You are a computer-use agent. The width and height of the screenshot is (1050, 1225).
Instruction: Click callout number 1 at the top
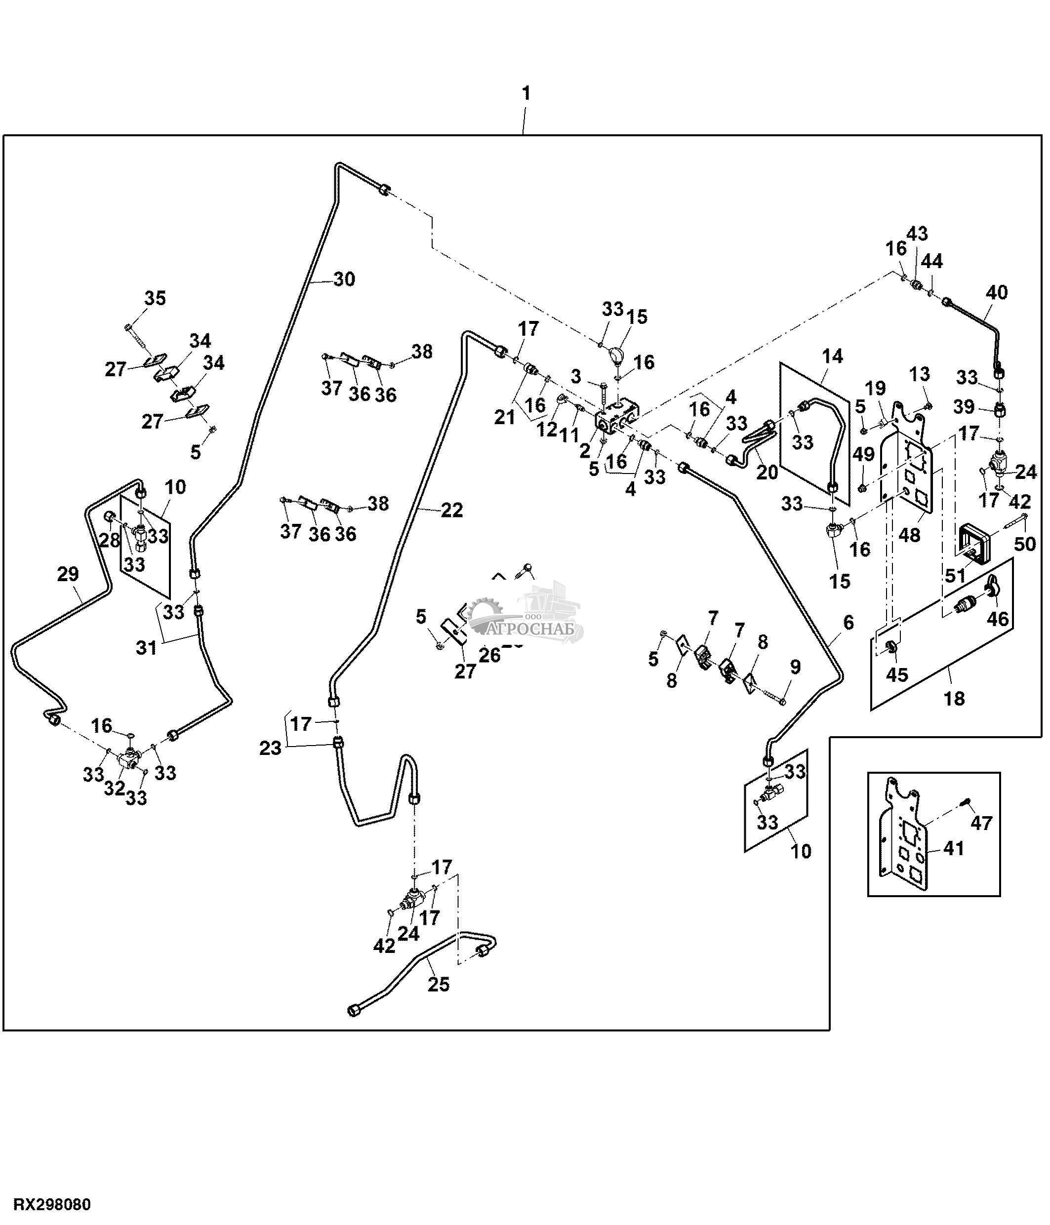(525, 93)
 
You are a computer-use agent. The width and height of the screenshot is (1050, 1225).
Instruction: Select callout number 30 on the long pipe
(344, 278)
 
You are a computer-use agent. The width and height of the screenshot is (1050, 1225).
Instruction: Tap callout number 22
(452, 510)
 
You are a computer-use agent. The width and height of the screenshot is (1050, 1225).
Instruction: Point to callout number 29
(68, 574)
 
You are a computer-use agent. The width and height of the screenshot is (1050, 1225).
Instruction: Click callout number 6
(848, 622)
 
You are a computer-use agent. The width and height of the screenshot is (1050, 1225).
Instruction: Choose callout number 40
(996, 292)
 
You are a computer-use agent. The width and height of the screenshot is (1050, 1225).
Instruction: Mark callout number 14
(832, 356)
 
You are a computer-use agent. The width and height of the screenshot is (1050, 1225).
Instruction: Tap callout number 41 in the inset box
(954, 848)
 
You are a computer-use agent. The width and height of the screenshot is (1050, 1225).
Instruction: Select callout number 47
(981, 823)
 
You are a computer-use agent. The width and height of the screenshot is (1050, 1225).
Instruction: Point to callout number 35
(155, 298)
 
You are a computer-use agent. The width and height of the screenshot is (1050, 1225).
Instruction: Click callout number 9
(795, 667)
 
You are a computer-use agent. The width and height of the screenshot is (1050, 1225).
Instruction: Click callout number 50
(1025, 543)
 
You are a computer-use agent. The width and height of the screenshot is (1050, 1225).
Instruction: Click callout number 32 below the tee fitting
(115, 788)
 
